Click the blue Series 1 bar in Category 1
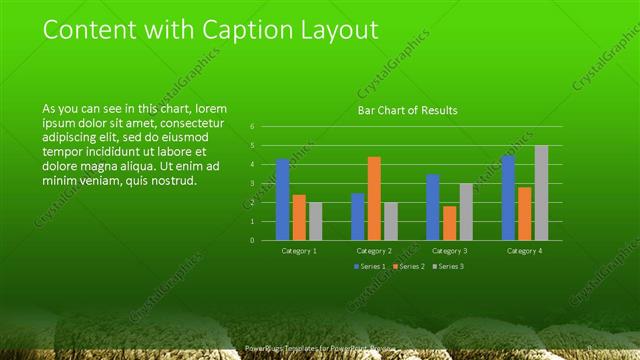click(x=283, y=200)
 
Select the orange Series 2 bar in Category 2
click(x=374, y=198)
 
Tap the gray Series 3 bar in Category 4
click(x=541, y=193)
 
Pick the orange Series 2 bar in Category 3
click(x=450, y=223)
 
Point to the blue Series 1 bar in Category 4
click(x=508, y=198)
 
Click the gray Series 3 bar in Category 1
click(x=316, y=221)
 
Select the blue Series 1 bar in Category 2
click(x=358, y=217)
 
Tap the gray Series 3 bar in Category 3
click(x=466, y=212)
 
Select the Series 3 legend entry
click(x=450, y=266)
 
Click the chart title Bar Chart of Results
click(x=407, y=111)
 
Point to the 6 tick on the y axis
click(x=253, y=127)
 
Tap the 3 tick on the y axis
click(x=253, y=184)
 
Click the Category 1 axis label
click(x=299, y=251)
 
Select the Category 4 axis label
click(x=524, y=251)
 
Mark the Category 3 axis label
click(x=449, y=251)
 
